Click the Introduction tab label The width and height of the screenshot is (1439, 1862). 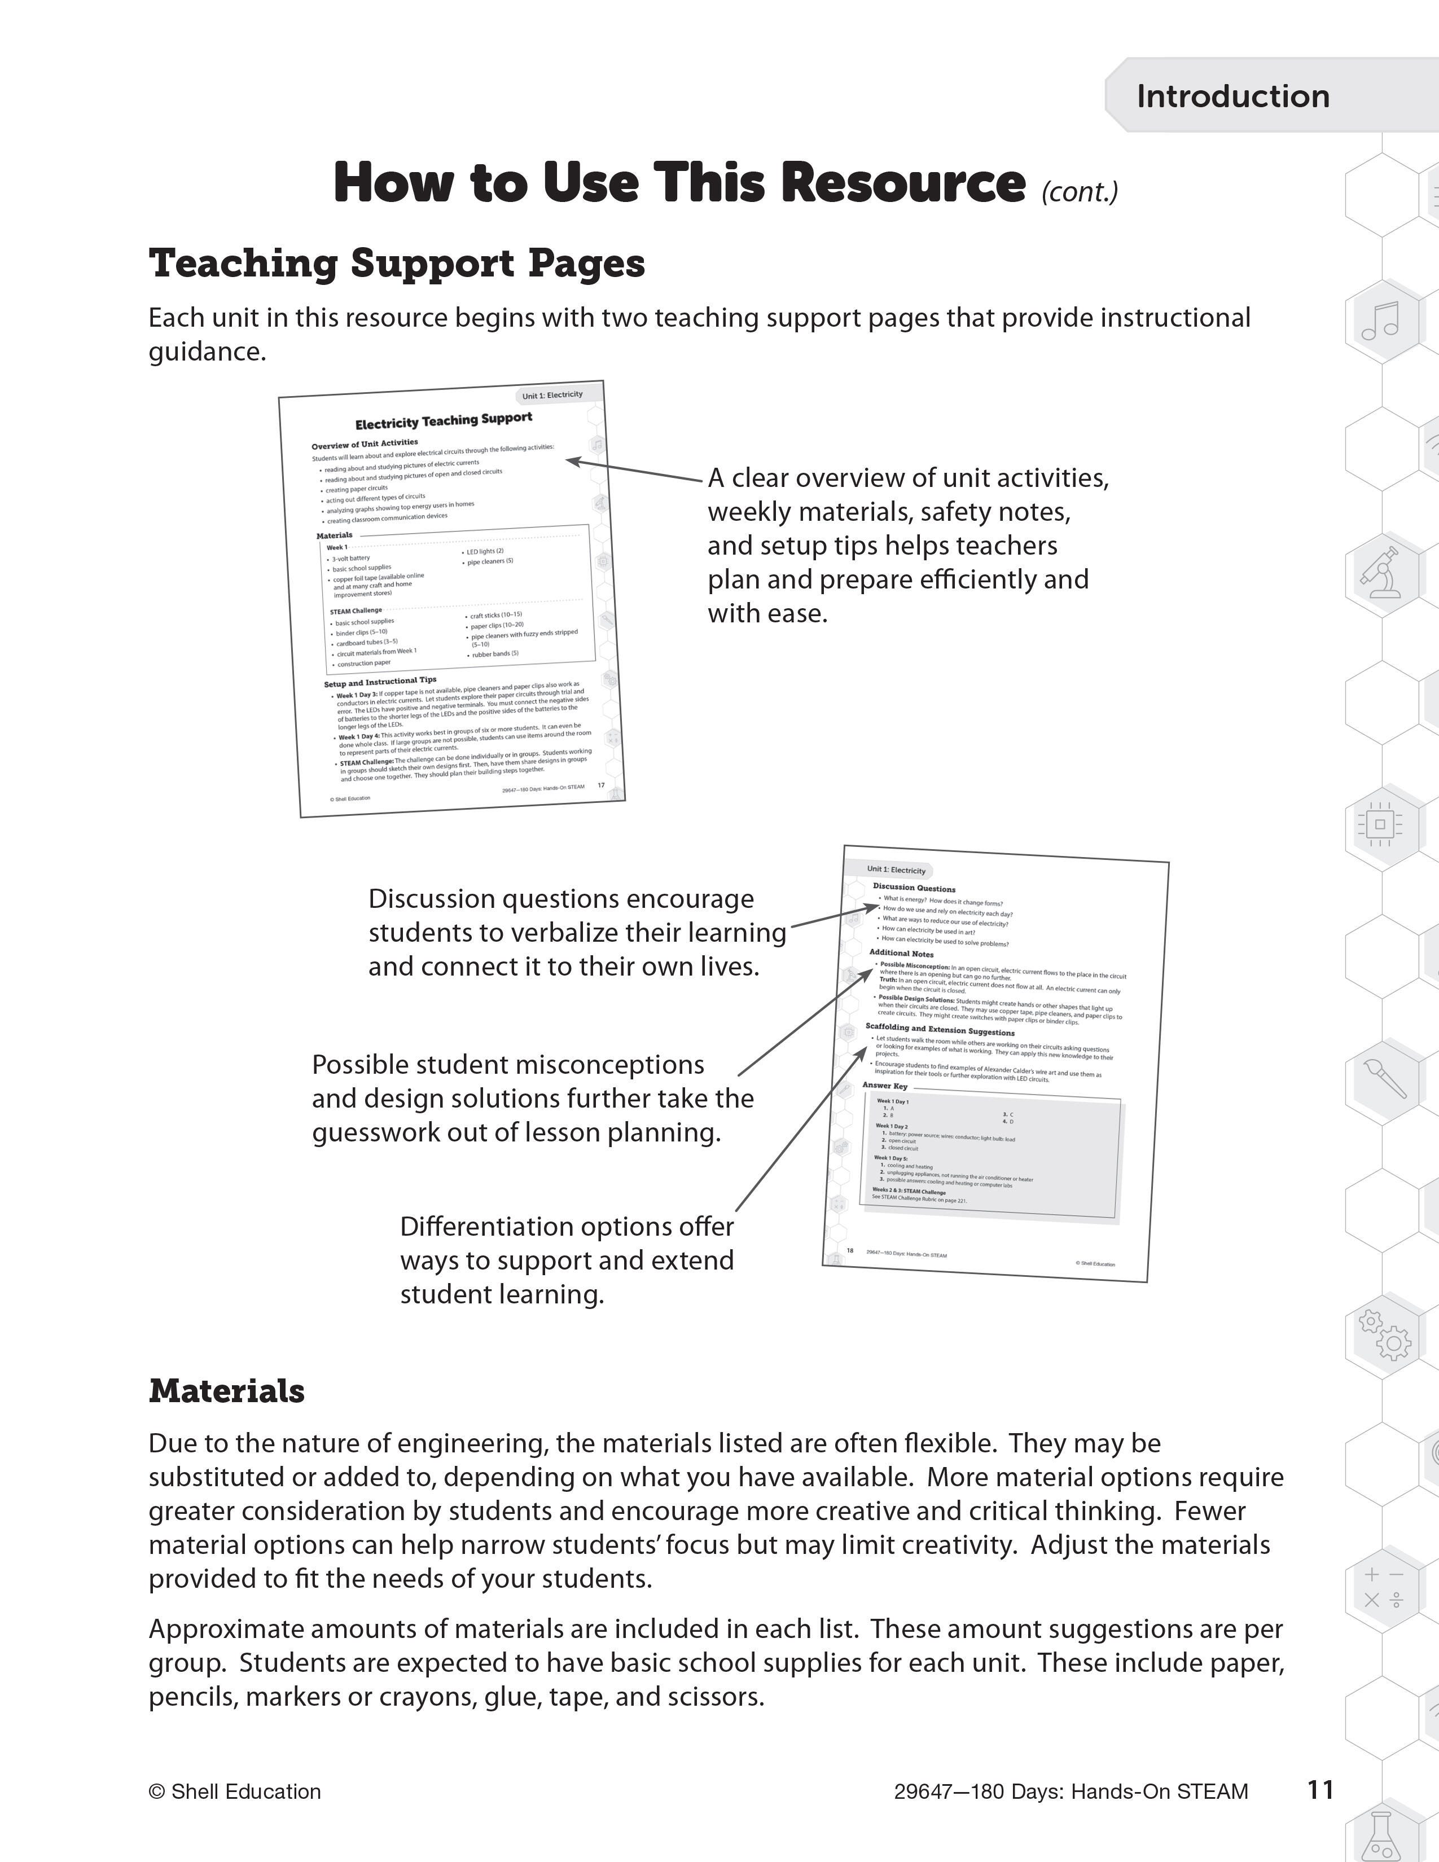coord(1232,96)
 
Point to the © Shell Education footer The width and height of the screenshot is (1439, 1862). coord(234,1791)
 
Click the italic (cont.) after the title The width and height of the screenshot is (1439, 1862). coord(1079,192)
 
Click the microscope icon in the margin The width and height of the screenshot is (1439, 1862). coord(1381,570)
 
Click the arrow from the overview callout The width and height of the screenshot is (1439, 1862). coord(635,471)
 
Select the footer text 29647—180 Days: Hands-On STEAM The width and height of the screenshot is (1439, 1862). coord(1071,1791)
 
